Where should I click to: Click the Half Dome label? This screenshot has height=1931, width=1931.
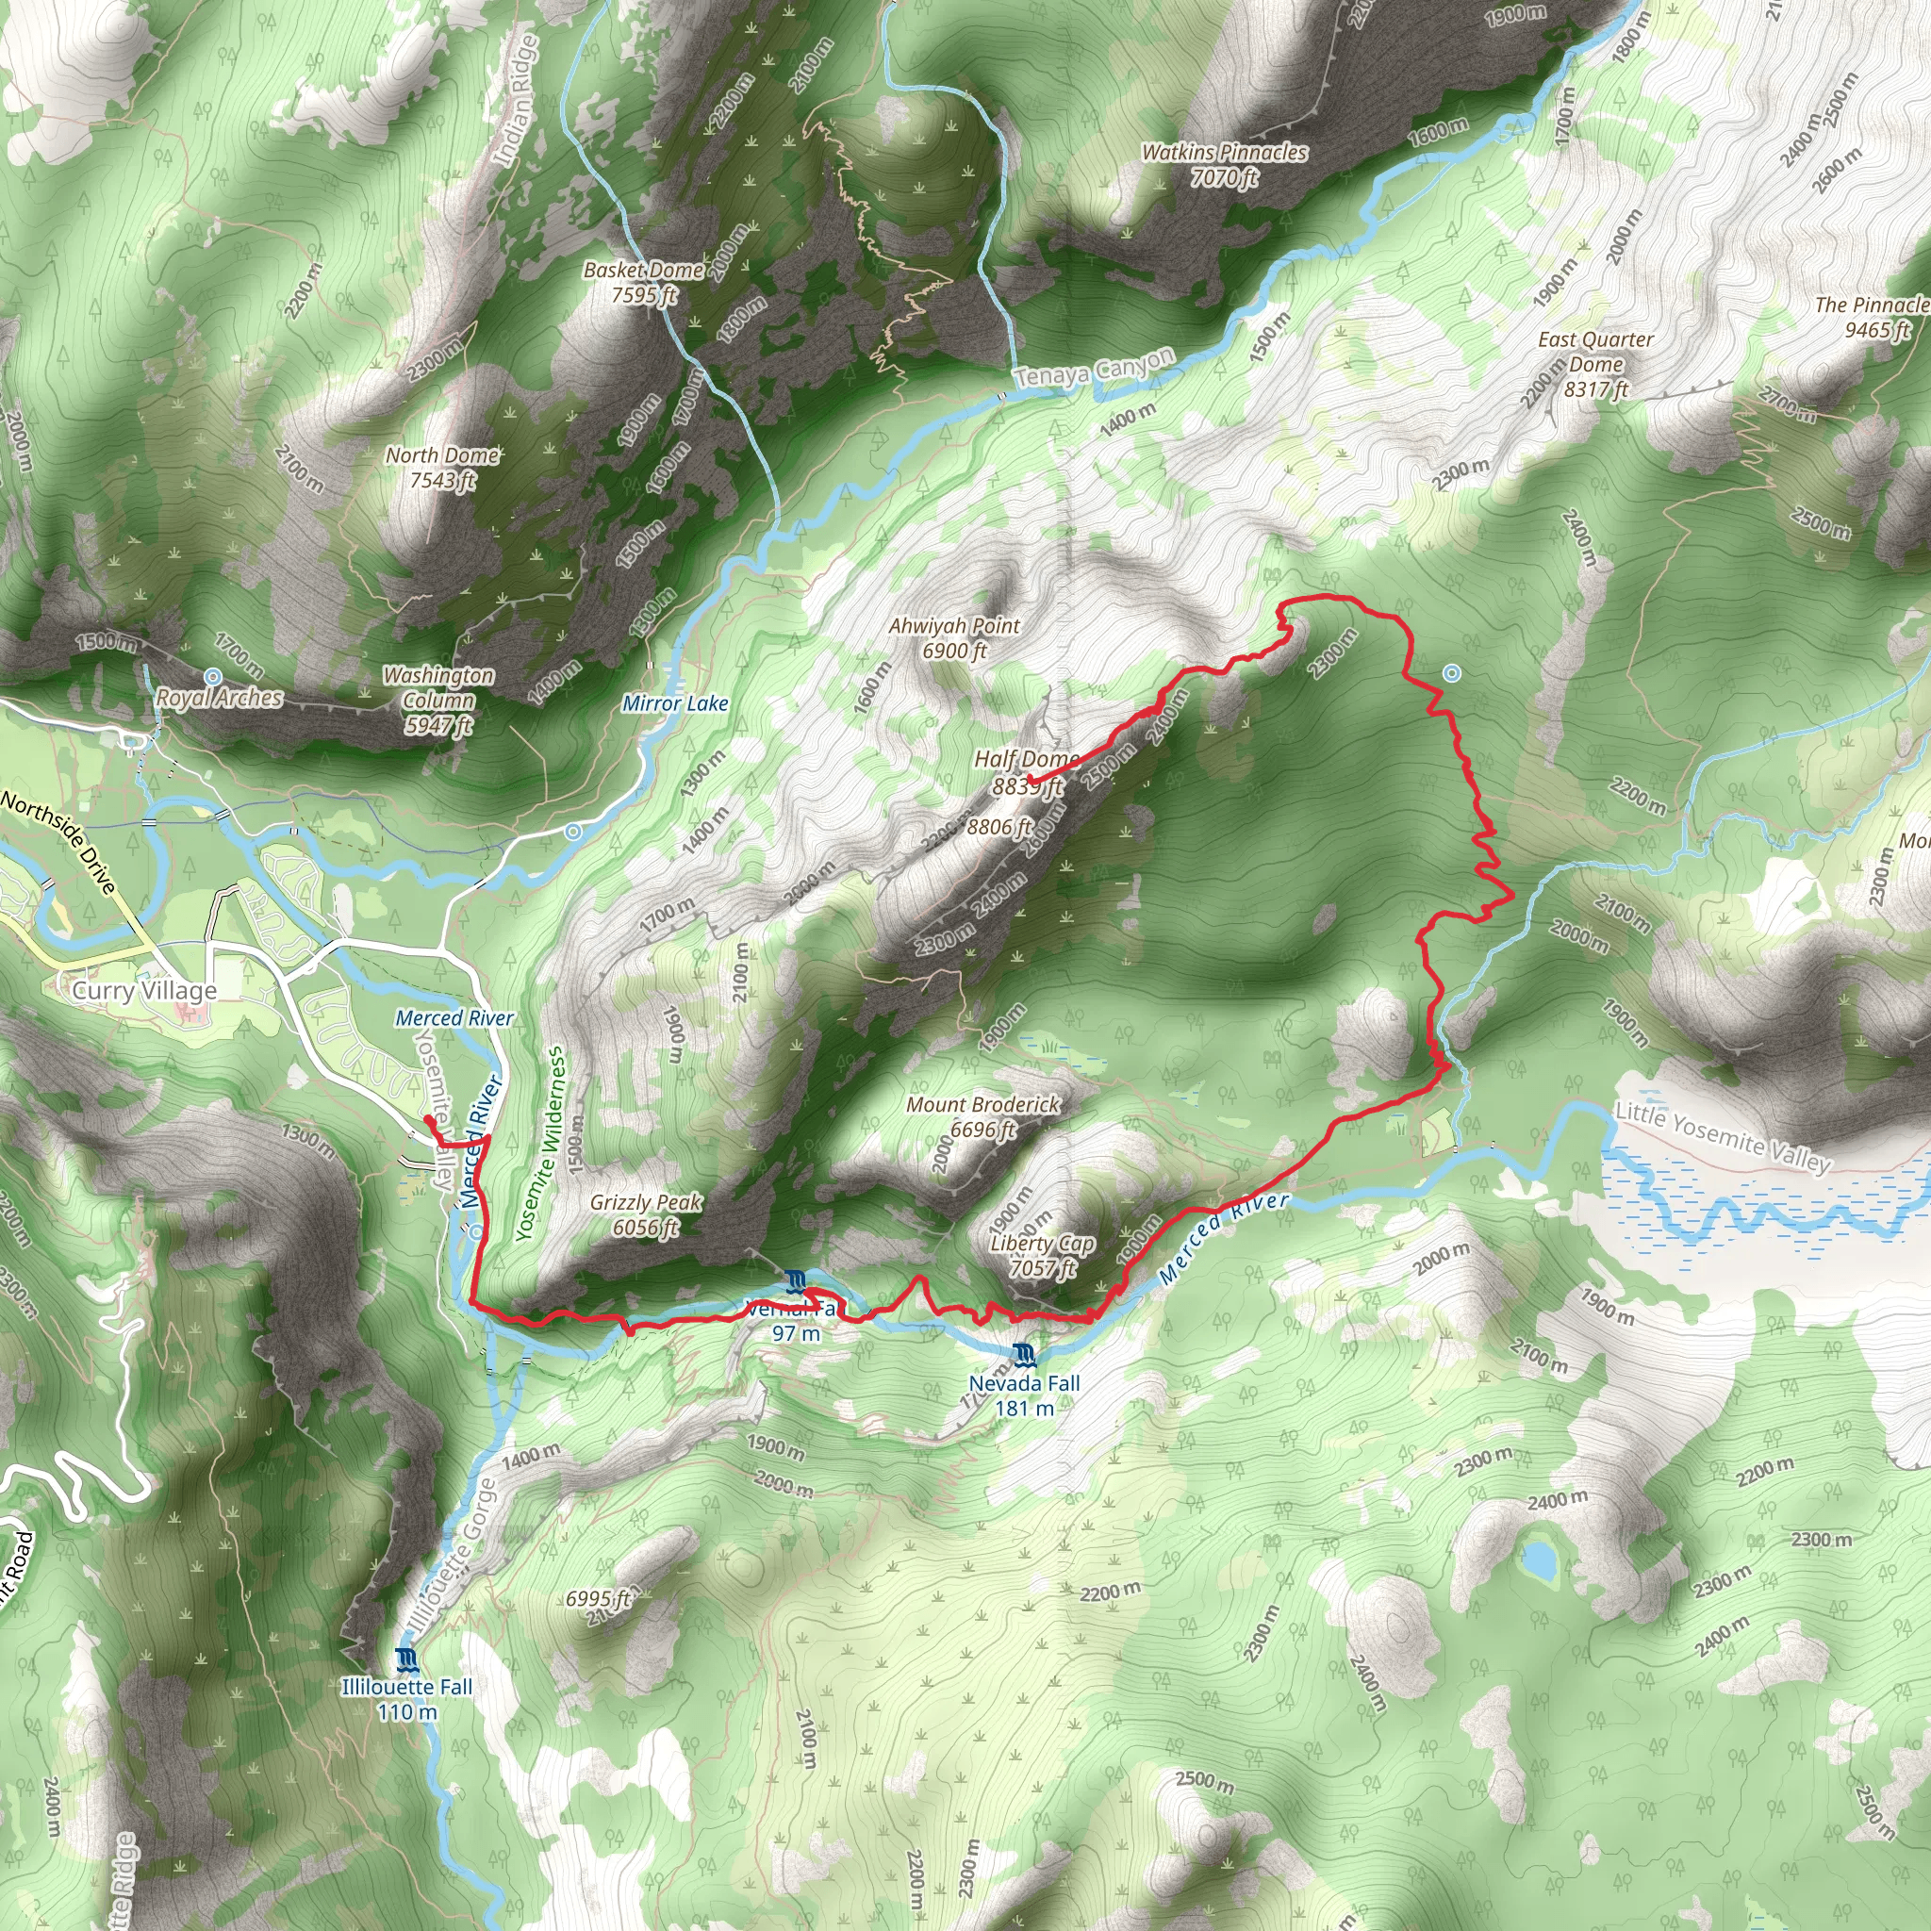click(1026, 760)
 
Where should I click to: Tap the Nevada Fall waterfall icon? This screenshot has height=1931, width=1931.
click(1023, 1356)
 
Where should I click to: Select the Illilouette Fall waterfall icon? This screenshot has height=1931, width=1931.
click(405, 1660)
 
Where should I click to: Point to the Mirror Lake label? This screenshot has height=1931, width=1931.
click(675, 703)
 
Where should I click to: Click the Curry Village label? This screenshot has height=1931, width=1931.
click(145, 991)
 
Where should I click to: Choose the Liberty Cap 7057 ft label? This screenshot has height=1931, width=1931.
click(1043, 1255)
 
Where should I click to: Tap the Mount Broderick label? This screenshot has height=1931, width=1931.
click(982, 1105)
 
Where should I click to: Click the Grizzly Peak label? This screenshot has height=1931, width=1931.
click(646, 1203)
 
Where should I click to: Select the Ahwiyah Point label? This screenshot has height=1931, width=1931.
click(954, 627)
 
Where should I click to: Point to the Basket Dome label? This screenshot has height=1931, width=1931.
click(644, 271)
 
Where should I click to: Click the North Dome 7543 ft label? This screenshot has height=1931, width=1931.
click(443, 468)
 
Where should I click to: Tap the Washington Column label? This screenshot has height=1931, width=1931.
click(438, 700)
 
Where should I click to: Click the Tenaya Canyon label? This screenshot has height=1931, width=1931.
click(1095, 370)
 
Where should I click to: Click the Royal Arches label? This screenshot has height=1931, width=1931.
click(220, 698)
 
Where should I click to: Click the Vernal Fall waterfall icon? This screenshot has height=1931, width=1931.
click(796, 1281)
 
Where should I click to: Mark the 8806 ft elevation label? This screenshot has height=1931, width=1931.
click(999, 827)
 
